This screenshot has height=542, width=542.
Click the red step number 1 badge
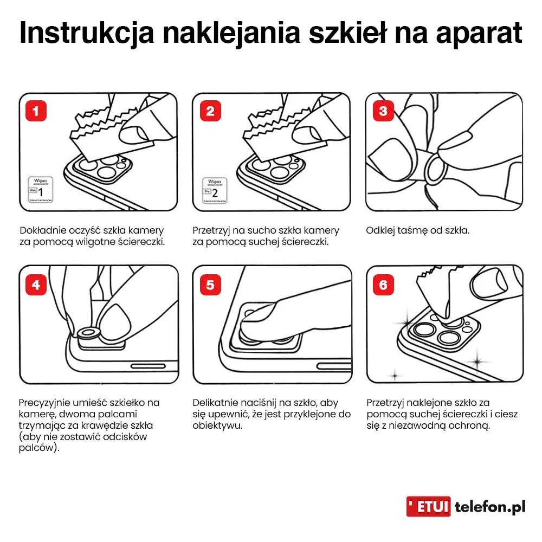(x=36, y=111)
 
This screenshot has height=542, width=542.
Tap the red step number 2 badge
(x=210, y=111)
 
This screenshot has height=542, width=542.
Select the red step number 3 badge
(x=384, y=111)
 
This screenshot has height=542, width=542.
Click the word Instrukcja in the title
(x=87, y=34)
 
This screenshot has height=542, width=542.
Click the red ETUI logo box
(x=428, y=507)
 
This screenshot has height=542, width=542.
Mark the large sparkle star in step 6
(x=477, y=359)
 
